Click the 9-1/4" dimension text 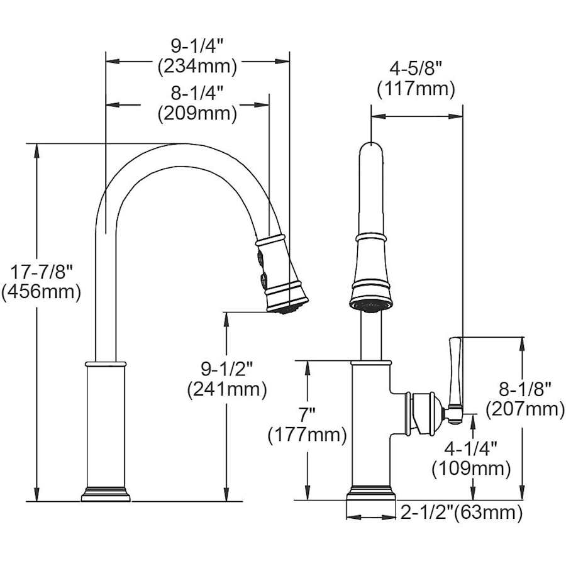coord(197,46)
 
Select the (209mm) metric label coord(197,113)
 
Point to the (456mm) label coord(41,292)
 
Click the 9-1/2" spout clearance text coord(226,369)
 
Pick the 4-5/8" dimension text coord(416,68)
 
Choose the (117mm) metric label coord(416,89)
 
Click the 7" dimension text coord(308,415)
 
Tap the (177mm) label coord(307,435)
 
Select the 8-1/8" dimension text coord(525,389)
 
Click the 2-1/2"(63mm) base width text coord(462,513)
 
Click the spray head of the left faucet coord(282,274)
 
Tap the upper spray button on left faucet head coord(260,257)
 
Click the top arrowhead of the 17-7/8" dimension coord(36,151)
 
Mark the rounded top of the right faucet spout coord(370,148)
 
